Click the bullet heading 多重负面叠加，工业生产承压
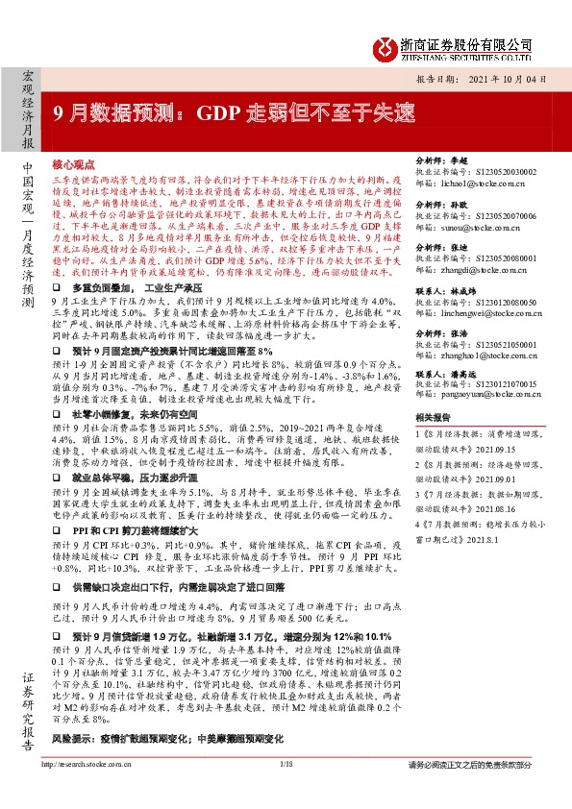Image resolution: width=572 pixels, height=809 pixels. tap(144, 286)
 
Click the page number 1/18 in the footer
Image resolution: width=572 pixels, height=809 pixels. tap(286, 790)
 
